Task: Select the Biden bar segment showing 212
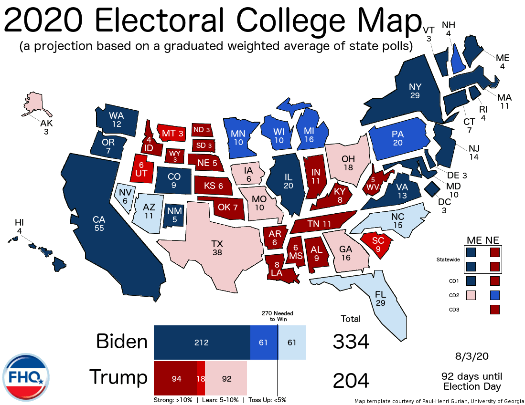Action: pyautogui.click(x=202, y=343)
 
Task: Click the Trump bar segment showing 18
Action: pyautogui.click(x=201, y=378)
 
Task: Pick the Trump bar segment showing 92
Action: pyautogui.click(x=226, y=378)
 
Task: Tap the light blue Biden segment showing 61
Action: pyautogui.click(x=292, y=343)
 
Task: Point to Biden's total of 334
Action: pyautogui.click(x=351, y=342)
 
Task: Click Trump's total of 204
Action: pyautogui.click(x=351, y=381)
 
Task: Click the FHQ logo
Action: pyautogui.click(x=26, y=377)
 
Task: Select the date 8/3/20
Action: pyautogui.click(x=472, y=356)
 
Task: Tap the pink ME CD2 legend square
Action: pyautogui.click(x=471, y=295)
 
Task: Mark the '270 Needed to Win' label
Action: pyautogui.click(x=277, y=316)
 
